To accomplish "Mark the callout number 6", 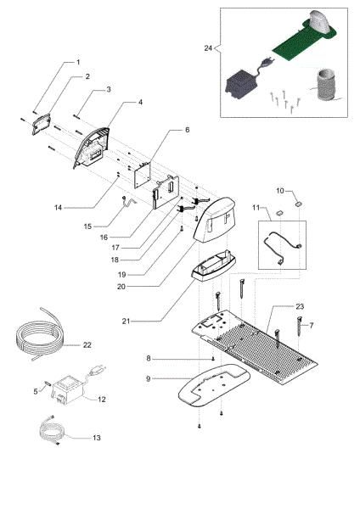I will click(x=175, y=130).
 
